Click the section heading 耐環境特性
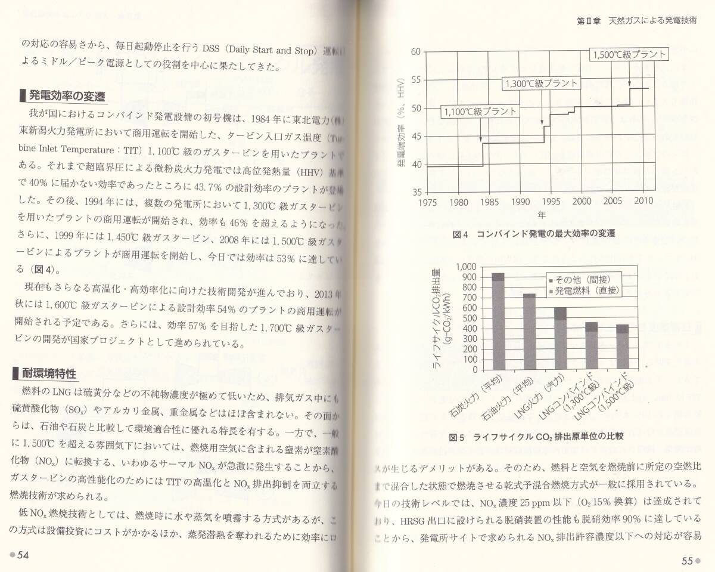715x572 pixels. tap(49, 374)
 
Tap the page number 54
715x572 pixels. tap(23, 555)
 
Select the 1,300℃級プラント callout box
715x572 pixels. tap(540, 84)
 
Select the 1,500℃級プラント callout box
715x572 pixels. tap(629, 55)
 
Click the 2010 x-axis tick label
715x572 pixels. tap(643, 202)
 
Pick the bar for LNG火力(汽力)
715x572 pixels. tap(560, 338)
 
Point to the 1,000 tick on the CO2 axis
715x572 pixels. tap(467, 267)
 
